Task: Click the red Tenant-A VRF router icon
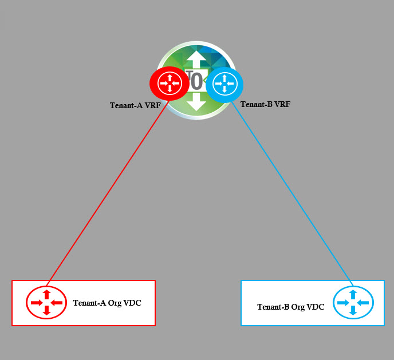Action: pos(170,84)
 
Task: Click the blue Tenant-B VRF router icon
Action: pos(224,84)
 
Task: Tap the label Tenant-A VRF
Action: pos(135,105)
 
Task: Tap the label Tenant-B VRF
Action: pos(265,104)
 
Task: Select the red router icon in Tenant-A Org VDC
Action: pos(47,302)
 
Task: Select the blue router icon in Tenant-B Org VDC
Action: pos(353,302)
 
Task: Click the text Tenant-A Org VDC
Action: pos(107,303)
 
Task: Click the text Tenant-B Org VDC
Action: pos(291,307)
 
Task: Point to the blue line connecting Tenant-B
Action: pos(292,195)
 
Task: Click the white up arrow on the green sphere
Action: pos(196,60)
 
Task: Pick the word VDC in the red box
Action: pos(132,303)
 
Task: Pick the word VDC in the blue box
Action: pos(316,307)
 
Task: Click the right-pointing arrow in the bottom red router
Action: pos(36,303)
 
